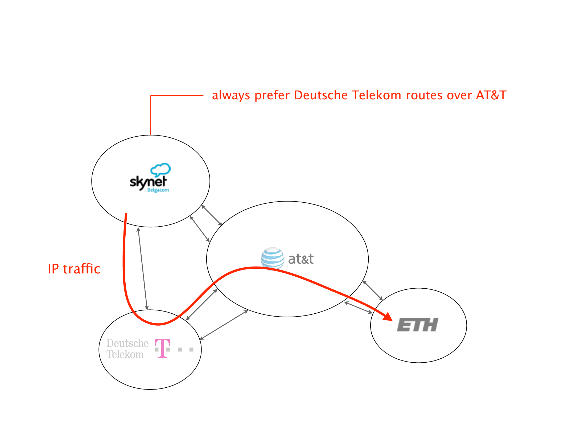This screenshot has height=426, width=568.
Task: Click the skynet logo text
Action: click(x=148, y=182)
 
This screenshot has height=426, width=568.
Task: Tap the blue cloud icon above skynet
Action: click(x=160, y=169)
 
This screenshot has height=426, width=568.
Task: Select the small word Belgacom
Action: click(x=158, y=190)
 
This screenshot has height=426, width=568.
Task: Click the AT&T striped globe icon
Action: click(x=272, y=258)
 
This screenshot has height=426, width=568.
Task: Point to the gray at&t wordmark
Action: click(x=301, y=259)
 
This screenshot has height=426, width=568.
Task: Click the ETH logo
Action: click(x=418, y=325)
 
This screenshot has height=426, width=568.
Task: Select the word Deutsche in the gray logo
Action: click(x=127, y=343)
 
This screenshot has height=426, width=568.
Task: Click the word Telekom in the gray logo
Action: click(x=125, y=354)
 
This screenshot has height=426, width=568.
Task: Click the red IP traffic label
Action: click(x=74, y=269)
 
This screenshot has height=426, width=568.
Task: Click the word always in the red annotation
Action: click(x=231, y=95)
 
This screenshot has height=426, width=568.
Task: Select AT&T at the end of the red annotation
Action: click(x=491, y=95)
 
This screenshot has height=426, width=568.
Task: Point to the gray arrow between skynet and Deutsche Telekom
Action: click(x=142, y=268)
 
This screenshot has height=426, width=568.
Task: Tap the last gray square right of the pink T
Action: click(x=191, y=349)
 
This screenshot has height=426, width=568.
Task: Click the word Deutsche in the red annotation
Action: click(x=320, y=95)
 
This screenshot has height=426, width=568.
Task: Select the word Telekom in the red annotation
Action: click(x=376, y=95)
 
